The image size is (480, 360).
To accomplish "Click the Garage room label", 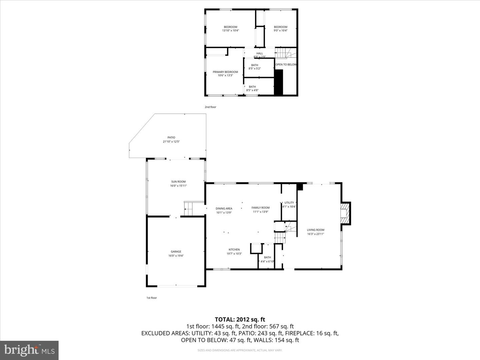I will pos(176,254).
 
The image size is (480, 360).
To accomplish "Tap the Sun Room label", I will pos(178,184).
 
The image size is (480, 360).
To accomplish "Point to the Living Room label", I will pos(315,232).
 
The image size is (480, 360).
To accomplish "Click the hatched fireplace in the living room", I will pos(343,213).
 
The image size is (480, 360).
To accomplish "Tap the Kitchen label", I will pos(234,251).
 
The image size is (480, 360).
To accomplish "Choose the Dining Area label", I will pos(224,210).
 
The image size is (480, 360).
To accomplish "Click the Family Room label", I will pos(260,209).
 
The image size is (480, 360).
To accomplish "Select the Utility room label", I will pos(289,204).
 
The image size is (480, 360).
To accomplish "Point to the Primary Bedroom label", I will pos(225,74).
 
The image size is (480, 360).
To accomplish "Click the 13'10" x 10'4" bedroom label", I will pos(230,29).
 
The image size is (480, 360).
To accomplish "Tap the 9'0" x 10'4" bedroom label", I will pos(280,29).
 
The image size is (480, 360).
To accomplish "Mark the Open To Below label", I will pos(286,65).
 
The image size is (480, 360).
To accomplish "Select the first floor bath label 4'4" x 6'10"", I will pos(267,259).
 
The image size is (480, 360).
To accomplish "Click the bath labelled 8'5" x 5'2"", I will pos(255,67).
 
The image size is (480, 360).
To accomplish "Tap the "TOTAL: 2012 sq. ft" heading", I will pos(240,320).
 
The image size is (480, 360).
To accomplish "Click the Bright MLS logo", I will pos(29,350).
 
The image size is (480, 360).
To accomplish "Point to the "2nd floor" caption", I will pos(210,107).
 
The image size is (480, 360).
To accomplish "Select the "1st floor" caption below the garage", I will pos(152,298).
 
